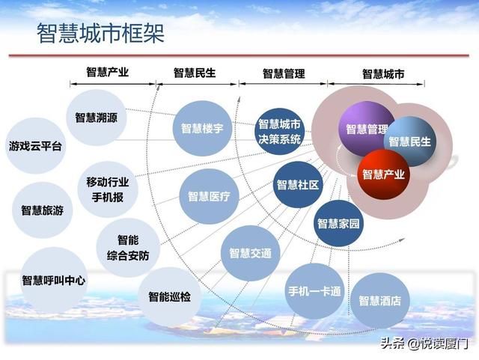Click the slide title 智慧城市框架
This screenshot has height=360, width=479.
pos(101,33)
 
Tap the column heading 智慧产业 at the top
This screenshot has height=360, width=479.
pos(108,72)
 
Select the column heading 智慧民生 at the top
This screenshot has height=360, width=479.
pos(195,73)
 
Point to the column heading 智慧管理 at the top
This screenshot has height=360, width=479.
pos(284,73)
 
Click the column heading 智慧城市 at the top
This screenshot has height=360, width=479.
pos(383,74)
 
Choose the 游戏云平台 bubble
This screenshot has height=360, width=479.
pos(36,146)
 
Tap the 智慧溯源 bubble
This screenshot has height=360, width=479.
pos(97,118)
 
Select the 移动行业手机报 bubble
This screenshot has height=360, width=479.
pos(108,189)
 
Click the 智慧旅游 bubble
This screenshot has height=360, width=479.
pos(42,210)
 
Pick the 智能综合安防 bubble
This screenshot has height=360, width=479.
pos(128,248)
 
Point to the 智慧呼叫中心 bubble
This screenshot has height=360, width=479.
pos(53,280)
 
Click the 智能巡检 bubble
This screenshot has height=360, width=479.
pos(170,296)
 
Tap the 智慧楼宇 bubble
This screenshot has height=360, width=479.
pos(202,128)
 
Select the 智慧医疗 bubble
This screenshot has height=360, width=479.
pos(209,197)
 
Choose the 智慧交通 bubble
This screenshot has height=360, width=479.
pos(251,253)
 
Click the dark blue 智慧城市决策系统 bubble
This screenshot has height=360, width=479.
pos(279,132)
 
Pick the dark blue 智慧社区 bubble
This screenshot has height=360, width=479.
pos(298,185)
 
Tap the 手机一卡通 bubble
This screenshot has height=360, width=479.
pos(314,291)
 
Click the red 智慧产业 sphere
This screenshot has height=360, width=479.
pos(383,174)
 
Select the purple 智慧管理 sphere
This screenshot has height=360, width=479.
pos(367,129)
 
